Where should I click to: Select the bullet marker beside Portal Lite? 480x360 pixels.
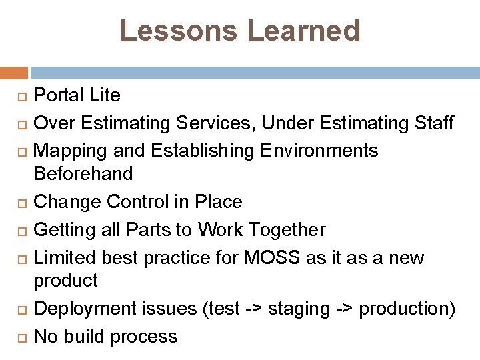pos(21,97)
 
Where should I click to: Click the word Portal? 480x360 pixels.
pos(59,95)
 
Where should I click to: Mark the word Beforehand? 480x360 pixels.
pos(83,174)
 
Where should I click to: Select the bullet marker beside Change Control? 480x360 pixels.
pos(21,203)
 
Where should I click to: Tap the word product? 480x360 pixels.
pos(65,281)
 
